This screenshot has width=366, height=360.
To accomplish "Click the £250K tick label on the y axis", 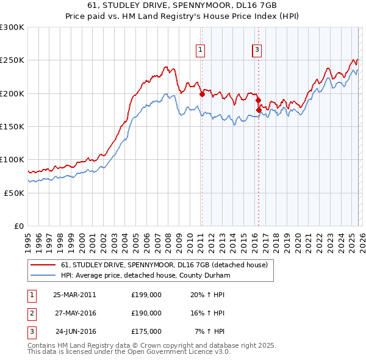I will (12, 60).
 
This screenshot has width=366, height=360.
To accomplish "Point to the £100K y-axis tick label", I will (12, 159).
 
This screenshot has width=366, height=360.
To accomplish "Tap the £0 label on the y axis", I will (19, 226).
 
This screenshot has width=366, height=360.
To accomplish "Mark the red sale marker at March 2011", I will (202, 94).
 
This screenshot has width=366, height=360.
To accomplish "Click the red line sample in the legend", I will (44, 265).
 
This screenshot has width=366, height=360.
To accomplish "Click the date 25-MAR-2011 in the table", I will (74, 295).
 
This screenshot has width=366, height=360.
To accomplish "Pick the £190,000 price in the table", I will (146, 313).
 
